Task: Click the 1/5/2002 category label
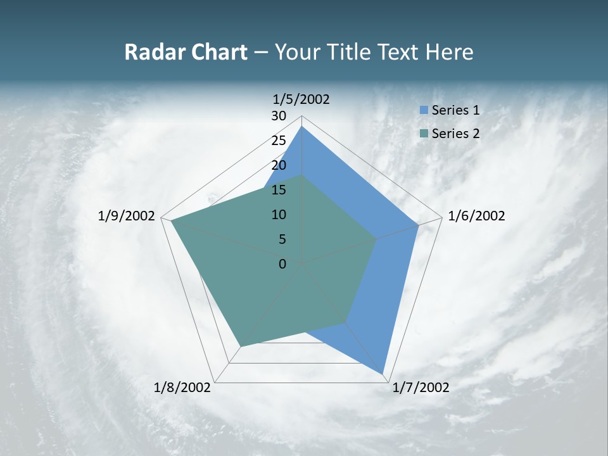pyautogui.click(x=301, y=99)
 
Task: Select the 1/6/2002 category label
pyautogui.click(x=476, y=216)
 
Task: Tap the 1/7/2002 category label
pyautogui.click(x=421, y=387)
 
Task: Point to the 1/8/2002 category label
pyautogui.click(x=182, y=387)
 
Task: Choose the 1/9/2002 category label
pyautogui.click(x=127, y=216)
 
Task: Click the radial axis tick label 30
pyautogui.click(x=279, y=116)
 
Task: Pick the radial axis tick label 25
pyautogui.click(x=279, y=141)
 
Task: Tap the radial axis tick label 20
pyautogui.click(x=279, y=165)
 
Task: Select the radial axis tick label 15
pyautogui.click(x=279, y=190)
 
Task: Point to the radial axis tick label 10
pyautogui.click(x=279, y=215)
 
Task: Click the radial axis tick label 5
pyautogui.click(x=282, y=239)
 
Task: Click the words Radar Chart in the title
pyautogui.click(x=186, y=52)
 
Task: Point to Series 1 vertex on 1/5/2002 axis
pyautogui.click(x=302, y=127)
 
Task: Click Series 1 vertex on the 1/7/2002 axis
pyautogui.click(x=383, y=374)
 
